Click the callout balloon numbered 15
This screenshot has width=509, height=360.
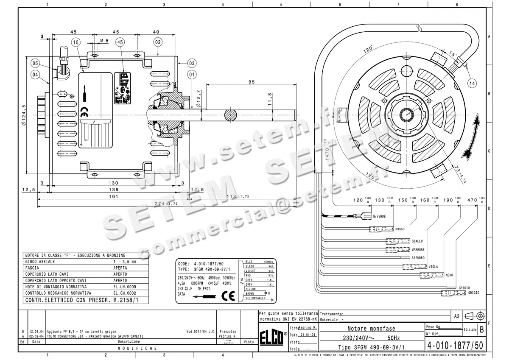pos(76,42)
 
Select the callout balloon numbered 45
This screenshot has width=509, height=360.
pos(120,42)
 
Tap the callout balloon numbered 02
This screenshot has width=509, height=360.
pos(158,42)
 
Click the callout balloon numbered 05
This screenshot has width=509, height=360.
pos(36,64)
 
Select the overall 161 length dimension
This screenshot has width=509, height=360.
pos(113,197)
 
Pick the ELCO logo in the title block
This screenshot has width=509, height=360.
pos(273,339)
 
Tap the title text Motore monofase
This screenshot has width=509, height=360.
pos(371,329)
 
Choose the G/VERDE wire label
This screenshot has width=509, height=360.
pos(379,217)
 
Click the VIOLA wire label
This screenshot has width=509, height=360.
pos(433,267)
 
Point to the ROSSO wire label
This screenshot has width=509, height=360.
pos(400,229)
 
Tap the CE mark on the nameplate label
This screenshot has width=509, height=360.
pos(228,296)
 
